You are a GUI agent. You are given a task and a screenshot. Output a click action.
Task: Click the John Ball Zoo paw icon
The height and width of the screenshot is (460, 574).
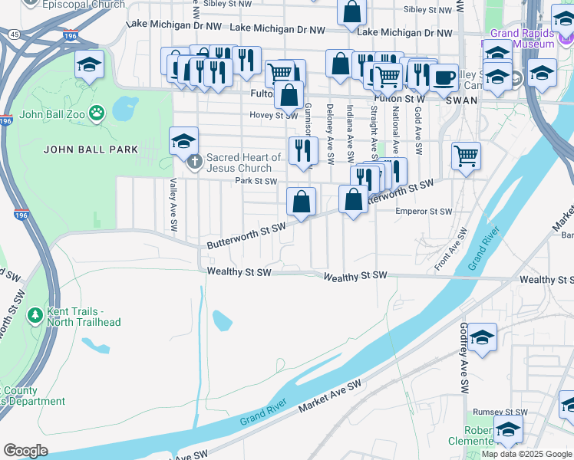point(96,115)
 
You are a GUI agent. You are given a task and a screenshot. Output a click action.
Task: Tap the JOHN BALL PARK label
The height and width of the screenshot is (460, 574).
point(91,149)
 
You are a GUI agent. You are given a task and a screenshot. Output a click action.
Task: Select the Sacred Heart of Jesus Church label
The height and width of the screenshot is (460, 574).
point(239,163)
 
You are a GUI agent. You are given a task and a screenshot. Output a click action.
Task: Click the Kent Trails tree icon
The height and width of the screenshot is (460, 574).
point(34,316)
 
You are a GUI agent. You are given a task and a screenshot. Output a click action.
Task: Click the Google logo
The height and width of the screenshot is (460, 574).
point(25,450)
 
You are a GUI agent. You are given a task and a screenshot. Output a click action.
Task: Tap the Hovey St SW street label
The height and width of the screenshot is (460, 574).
point(273,116)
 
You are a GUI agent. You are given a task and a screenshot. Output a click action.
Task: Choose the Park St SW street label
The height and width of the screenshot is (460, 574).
point(255,182)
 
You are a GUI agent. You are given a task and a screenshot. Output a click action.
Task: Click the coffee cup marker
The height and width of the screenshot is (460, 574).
point(444,77)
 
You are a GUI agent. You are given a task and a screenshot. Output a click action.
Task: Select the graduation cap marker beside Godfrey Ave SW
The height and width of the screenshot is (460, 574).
point(483,337)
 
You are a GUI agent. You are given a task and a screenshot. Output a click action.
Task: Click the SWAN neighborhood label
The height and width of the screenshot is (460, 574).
point(463,100)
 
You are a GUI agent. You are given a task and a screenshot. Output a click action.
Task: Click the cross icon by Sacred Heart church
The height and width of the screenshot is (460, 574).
point(195,163)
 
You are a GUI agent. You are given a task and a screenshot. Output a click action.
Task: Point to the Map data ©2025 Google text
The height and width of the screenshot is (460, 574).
point(526,454)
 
